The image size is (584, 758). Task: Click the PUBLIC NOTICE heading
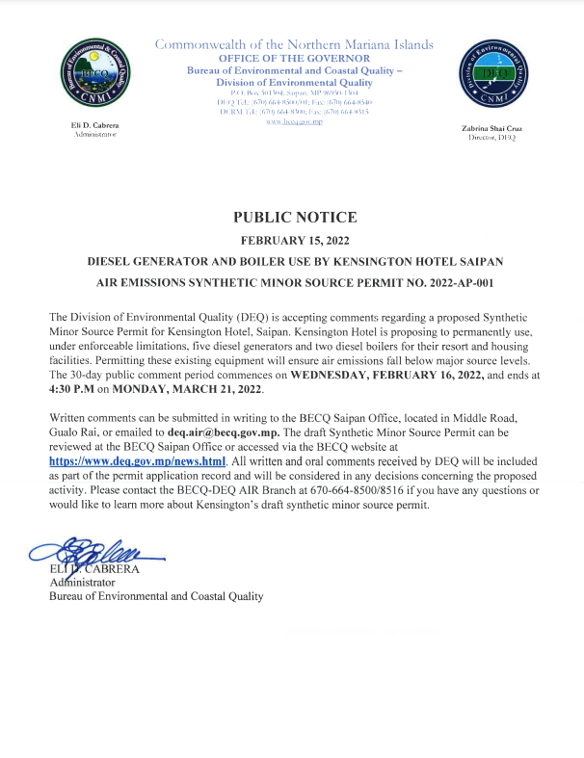pyautogui.click(x=295, y=218)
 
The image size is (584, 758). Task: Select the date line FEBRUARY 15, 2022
pyautogui.click(x=295, y=240)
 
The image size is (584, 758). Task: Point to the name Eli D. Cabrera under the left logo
pyautogui.click(x=94, y=125)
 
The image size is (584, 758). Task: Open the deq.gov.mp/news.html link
pyautogui.click(x=137, y=461)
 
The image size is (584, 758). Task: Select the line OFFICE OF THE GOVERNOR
pyautogui.click(x=295, y=59)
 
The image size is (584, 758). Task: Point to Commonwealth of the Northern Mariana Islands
pyautogui.click(x=295, y=44)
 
